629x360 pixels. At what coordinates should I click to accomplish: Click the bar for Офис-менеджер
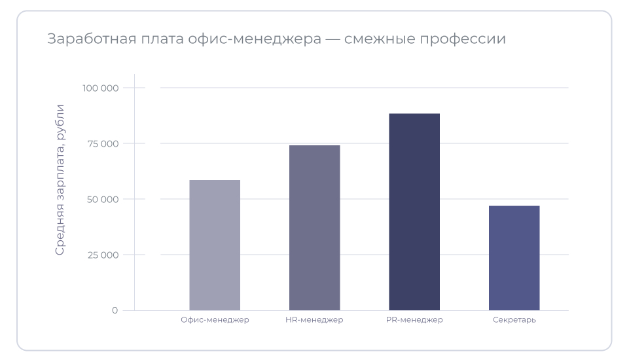coord(215,245)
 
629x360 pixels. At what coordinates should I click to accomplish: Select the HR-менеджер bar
coord(314,228)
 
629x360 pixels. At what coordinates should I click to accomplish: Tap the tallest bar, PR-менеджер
coord(414,212)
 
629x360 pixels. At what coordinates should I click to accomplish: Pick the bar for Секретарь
coord(514,258)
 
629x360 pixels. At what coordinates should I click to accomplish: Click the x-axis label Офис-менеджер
coord(215,320)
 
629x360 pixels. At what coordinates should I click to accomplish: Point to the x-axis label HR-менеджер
coord(314,320)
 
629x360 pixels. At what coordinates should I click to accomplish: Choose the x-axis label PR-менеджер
coord(414,320)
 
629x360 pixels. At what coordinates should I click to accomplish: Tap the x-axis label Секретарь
coord(514,320)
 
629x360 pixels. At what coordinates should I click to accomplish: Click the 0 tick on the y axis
coord(115,310)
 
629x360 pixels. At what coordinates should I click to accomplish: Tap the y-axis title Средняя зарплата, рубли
coord(60,179)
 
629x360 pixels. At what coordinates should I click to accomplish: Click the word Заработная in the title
coord(90,39)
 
